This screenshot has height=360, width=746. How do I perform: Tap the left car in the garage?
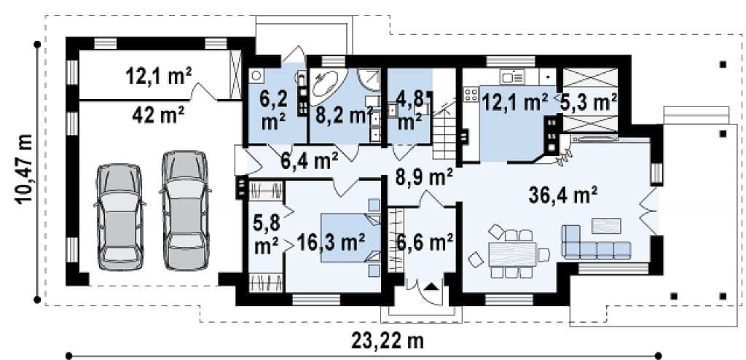(x=119, y=217)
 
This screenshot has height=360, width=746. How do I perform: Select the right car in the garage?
(x=186, y=211)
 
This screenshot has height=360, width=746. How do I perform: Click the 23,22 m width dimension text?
(x=388, y=340)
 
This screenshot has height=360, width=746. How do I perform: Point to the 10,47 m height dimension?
(x=24, y=169)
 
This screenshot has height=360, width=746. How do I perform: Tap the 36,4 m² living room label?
(x=563, y=195)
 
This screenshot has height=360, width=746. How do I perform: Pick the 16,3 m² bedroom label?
(x=331, y=243)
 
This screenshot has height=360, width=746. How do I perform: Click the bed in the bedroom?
(x=351, y=238)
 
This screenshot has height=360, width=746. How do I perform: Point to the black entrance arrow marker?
(x=431, y=286)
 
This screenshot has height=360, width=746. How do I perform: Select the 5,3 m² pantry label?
(x=589, y=102)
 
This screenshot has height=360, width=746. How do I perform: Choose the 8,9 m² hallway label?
(x=424, y=178)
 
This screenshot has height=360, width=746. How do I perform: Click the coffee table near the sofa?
(x=605, y=226)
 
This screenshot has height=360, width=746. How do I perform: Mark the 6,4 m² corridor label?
(x=309, y=161)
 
